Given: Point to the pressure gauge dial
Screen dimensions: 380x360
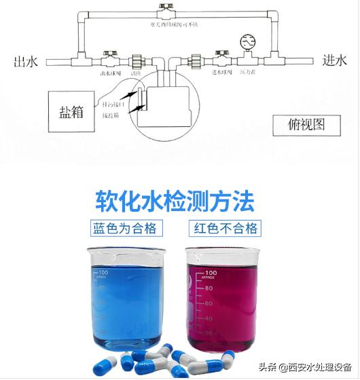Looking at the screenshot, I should pyautogui.click(x=247, y=39).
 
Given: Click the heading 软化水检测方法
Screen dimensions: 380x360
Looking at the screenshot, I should pyautogui.click(x=175, y=201).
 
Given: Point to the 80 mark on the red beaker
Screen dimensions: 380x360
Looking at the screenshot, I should pyautogui.click(x=211, y=287).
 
